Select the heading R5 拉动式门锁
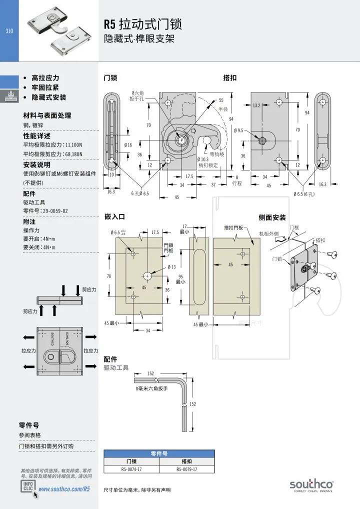[x=142, y=24]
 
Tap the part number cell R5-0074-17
[x=131, y=469]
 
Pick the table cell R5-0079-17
[x=187, y=469]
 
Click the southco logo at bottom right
[x=311, y=484]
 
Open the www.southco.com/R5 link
[x=64, y=488]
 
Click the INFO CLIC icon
[x=28, y=487]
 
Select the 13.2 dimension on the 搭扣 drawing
[x=257, y=105]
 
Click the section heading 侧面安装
[x=272, y=217]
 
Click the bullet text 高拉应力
[x=45, y=78]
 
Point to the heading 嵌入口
[x=114, y=216]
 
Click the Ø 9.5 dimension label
[x=238, y=130]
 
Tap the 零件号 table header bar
[x=159, y=453]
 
